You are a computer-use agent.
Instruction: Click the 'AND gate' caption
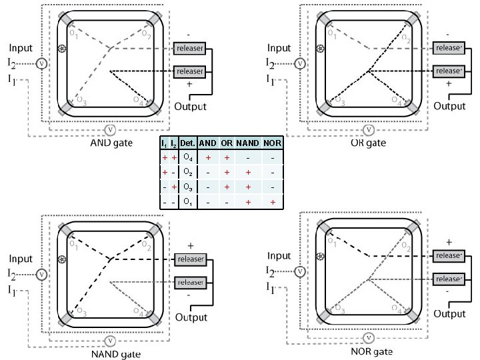pos(111,142)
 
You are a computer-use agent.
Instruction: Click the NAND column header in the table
pos(248,143)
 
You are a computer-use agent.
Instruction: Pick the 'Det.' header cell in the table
pos(187,143)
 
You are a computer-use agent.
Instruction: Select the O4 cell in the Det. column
pos(187,157)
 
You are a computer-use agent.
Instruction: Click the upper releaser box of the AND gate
pos(189,48)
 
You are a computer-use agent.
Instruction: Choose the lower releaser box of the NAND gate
pos(189,282)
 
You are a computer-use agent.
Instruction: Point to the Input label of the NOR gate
pos(279,256)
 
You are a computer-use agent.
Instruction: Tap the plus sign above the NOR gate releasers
pos(448,242)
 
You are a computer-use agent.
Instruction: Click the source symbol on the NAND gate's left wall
pos(62,260)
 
